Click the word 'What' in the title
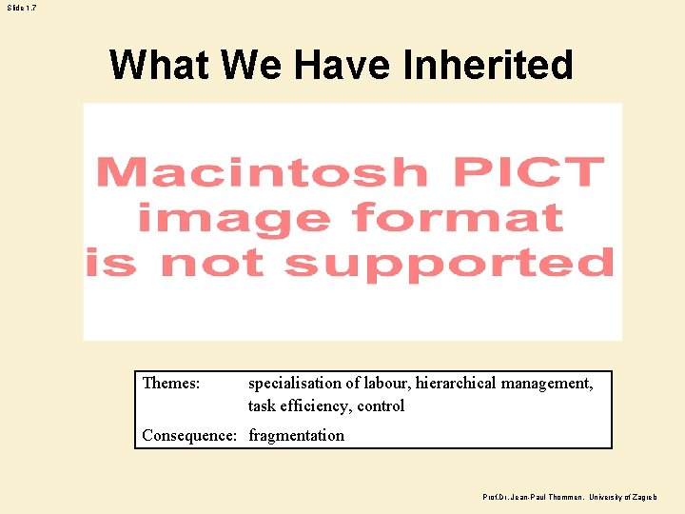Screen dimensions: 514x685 [158, 66]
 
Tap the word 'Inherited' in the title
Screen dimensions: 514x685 [488, 66]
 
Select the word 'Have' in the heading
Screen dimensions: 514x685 [345, 66]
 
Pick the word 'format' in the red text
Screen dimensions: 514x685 [457, 218]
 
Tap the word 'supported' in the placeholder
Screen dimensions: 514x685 [449, 262]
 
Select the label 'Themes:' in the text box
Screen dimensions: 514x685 [171, 384]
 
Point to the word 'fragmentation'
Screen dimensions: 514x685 [297, 436]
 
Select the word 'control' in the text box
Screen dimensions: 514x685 [381, 406]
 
